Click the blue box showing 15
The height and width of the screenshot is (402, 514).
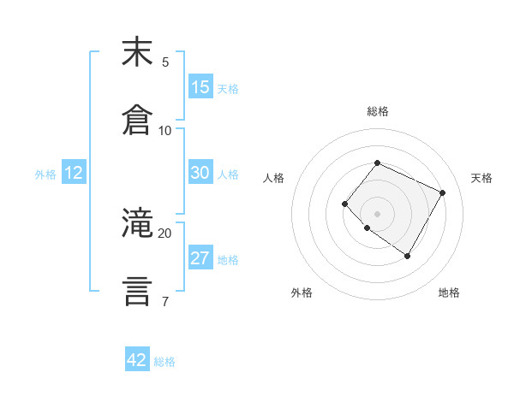pos(200,87)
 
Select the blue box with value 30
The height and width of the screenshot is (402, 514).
pos(200,173)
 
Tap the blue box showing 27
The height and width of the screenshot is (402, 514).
pos(200,258)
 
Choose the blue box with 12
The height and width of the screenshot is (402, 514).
pos(74,173)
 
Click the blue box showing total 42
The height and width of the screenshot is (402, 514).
pos(137,360)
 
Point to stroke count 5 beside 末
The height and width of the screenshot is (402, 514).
pos(165,62)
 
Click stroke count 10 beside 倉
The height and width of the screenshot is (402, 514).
pos(165,130)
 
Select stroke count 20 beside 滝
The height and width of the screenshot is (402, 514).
pos(165,233)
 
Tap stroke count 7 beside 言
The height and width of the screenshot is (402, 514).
pos(165,301)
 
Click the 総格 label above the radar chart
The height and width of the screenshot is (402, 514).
pos(377,111)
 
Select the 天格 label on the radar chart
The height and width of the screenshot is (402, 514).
pos(481,178)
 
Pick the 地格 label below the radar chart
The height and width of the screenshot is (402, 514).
pos(449,293)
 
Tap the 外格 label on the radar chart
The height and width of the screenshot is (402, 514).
pos(302,293)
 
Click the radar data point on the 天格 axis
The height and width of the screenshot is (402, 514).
pos(442,192)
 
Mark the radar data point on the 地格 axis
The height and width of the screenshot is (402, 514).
pos(407,256)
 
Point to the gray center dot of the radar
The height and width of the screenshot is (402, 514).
pos(377,213)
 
